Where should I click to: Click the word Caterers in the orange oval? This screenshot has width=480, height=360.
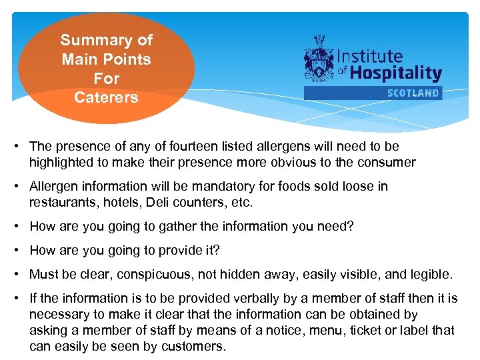[x=107, y=97]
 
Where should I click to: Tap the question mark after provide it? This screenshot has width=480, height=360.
[x=216, y=250]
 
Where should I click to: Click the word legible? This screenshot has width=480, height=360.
[x=430, y=274]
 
